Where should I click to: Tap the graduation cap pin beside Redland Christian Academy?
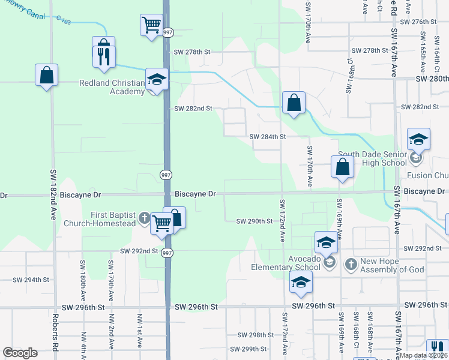point(157,80)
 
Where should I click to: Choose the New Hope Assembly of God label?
point(393,265)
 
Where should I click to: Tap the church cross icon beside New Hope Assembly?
point(351,263)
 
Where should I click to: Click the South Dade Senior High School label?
point(372,158)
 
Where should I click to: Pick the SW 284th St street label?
point(267,137)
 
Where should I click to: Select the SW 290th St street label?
point(254,221)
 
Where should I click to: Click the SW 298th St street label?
point(255,335)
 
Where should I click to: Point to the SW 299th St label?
point(251,349)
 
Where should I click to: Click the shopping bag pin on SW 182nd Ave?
point(46,75)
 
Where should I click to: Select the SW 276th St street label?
point(417,22)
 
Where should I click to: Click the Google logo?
point(20,353)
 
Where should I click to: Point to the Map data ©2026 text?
point(424,355)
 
